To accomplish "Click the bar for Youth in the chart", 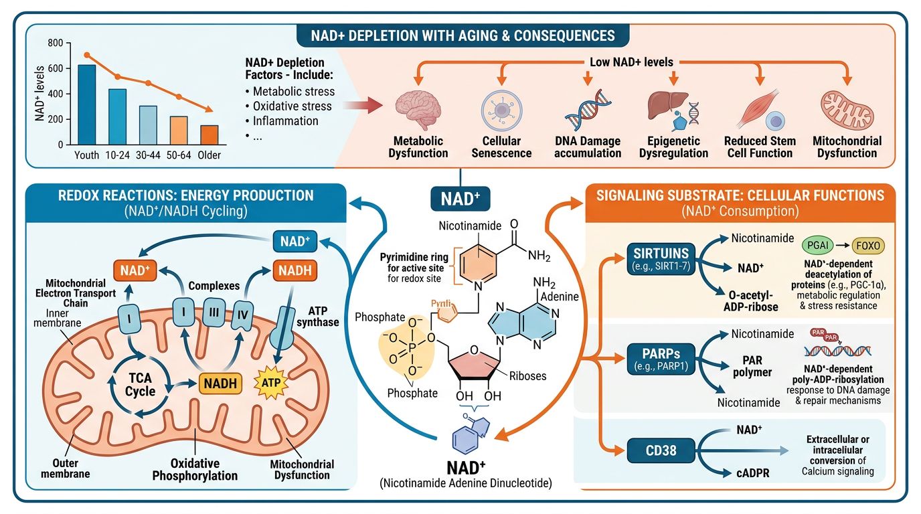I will (86, 104).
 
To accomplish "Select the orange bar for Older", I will (209, 135).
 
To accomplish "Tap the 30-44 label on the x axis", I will (148, 155).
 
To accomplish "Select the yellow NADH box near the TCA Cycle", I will (220, 384).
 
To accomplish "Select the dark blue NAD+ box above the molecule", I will (460, 199).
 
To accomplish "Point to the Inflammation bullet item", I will (285, 121).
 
